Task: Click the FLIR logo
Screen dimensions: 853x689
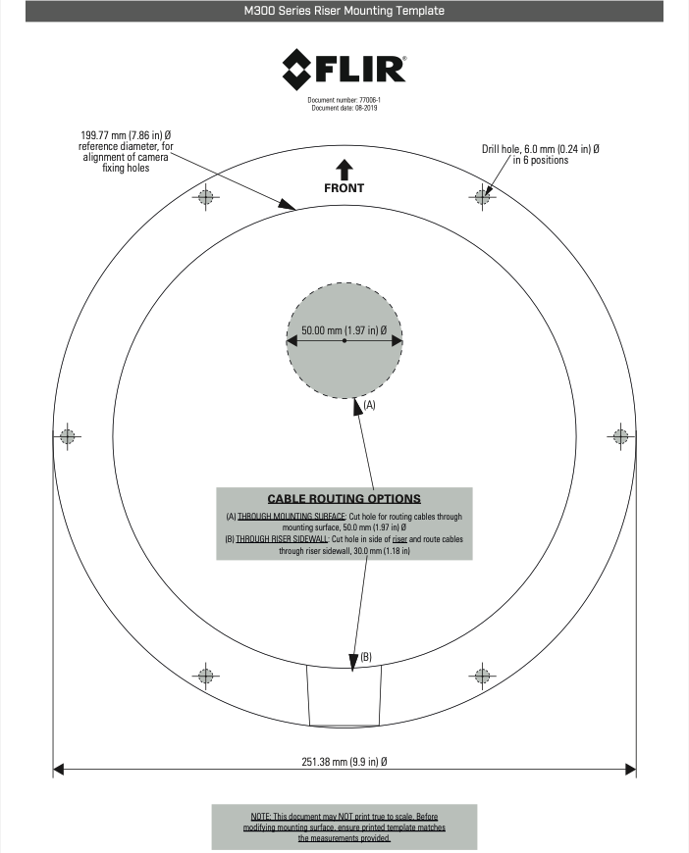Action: point(344,67)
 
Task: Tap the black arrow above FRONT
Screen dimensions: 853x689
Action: point(344,167)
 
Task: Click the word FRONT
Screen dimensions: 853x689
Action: point(344,187)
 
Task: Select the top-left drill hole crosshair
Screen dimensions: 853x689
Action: point(205,197)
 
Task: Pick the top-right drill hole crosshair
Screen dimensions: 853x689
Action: point(482,197)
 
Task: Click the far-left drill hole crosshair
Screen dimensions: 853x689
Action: point(68,436)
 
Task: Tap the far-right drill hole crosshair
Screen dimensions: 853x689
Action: point(620,436)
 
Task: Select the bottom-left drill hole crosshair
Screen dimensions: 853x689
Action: point(205,676)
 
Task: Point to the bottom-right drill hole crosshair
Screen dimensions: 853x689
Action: point(482,676)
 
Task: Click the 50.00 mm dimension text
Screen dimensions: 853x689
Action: point(344,329)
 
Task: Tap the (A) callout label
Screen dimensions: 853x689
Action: point(370,404)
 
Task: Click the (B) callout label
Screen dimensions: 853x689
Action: point(366,656)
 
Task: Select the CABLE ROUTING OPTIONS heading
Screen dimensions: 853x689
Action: point(344,498)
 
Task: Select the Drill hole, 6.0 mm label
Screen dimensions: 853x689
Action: point(540,149)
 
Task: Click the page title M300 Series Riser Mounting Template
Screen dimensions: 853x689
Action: point(344,12)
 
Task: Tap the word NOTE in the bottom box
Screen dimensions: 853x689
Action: point(262,816)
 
